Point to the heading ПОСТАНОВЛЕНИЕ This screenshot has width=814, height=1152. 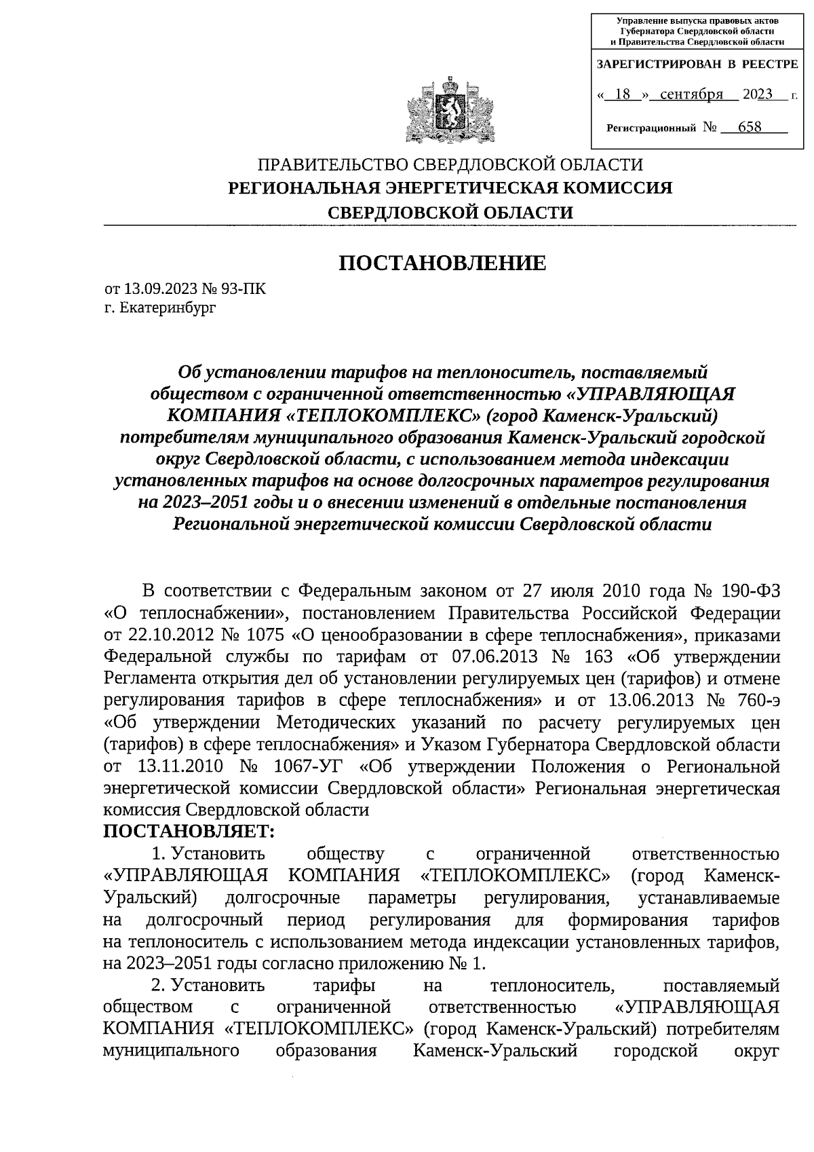pos(442,263)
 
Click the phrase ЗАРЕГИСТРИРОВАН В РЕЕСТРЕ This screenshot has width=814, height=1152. pos(697,64)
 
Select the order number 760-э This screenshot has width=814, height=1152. pos(753,701)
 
